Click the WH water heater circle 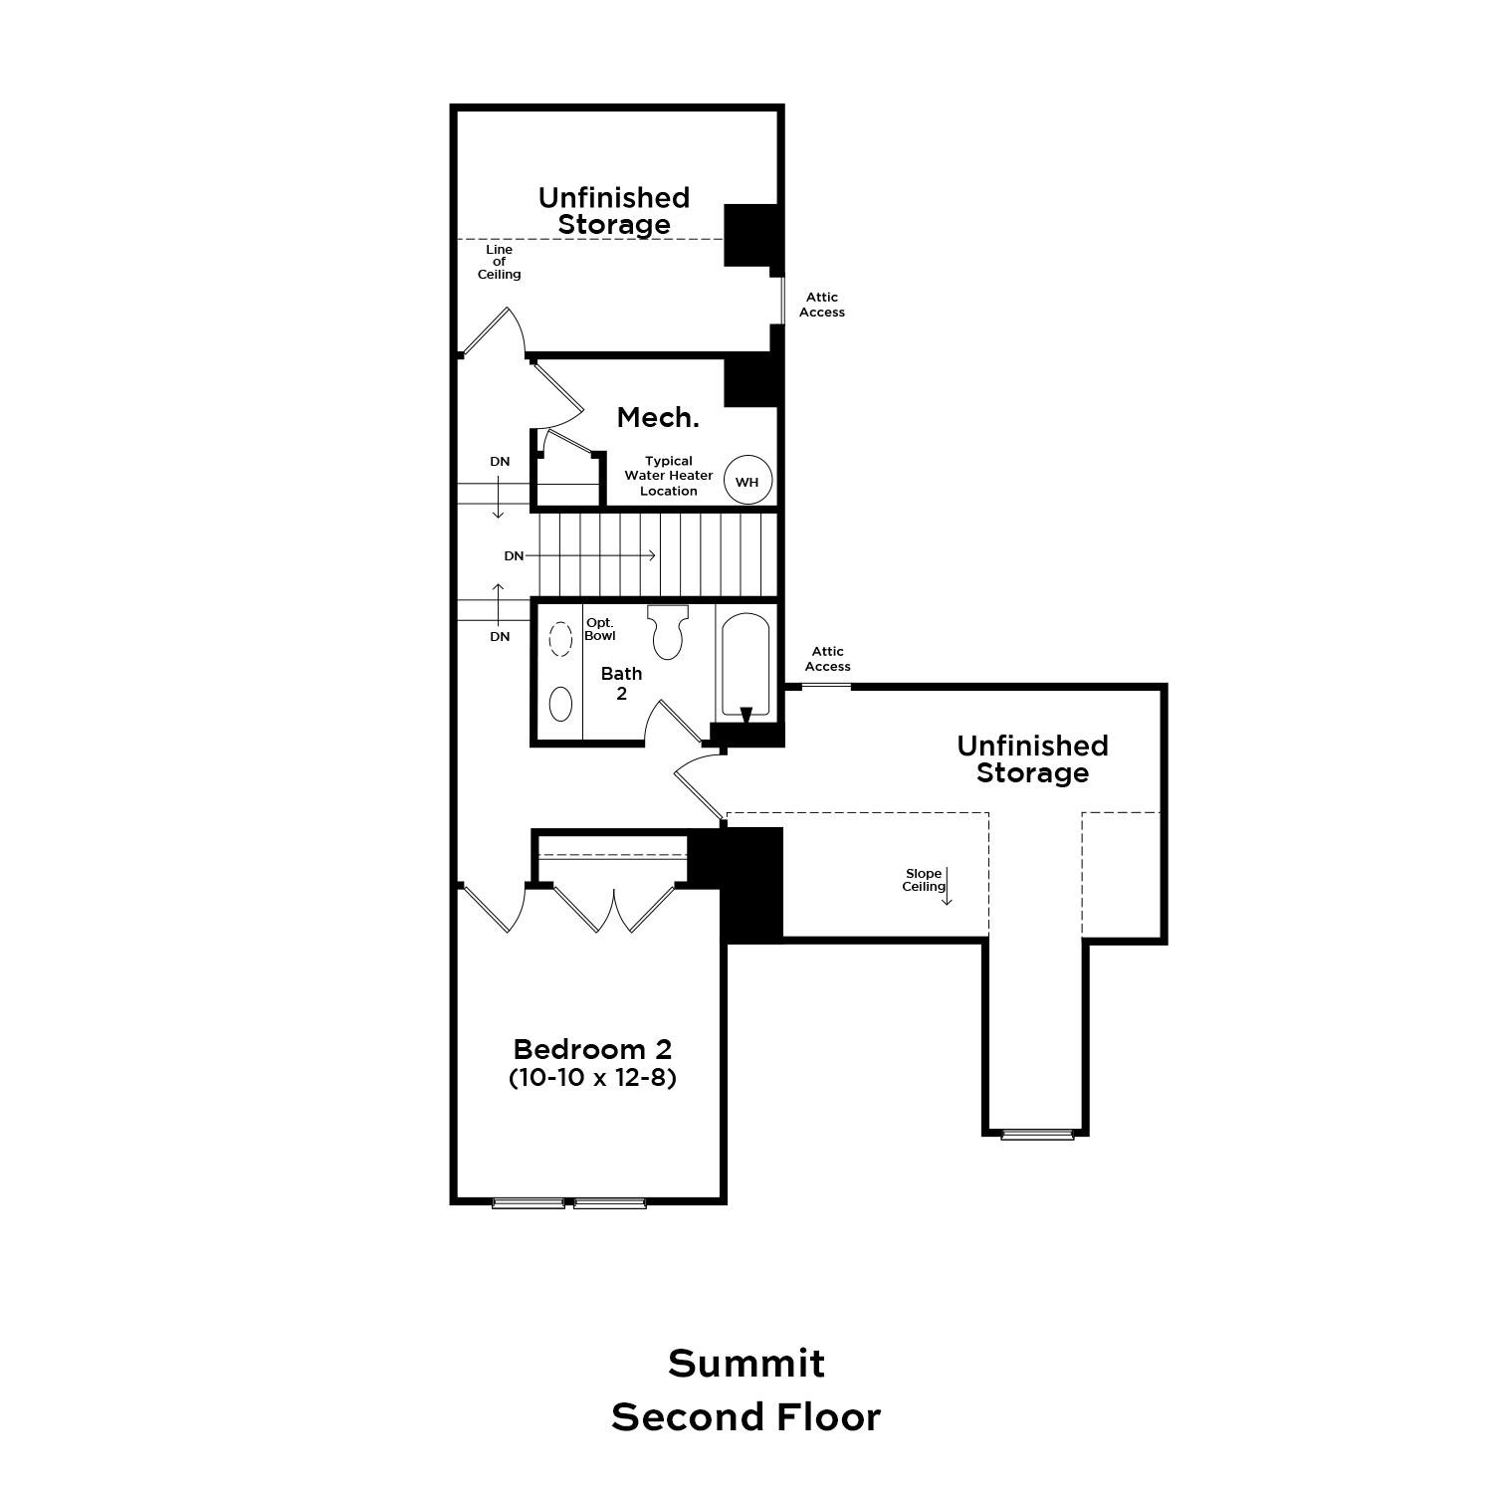(746, 482)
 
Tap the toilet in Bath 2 (667, 631)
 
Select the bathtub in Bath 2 (746, 665)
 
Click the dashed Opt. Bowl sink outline (560, 639)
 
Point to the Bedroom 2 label (592, 1049)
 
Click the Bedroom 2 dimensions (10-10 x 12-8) (592, 1077)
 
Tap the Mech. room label (658, 418)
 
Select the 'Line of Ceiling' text (499, 262)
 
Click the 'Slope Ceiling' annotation (924, 880)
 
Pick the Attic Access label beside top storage (822, 305)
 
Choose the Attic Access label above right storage (827, 659)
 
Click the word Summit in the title (746, 1364)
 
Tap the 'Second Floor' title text (746, 1417)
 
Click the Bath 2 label (621, 684)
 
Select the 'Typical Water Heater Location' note (668, 476)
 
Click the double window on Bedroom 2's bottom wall (569, 1202)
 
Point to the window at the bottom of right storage (1037, 1134)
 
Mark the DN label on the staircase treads (514, 555)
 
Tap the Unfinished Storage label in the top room (613, 211)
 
